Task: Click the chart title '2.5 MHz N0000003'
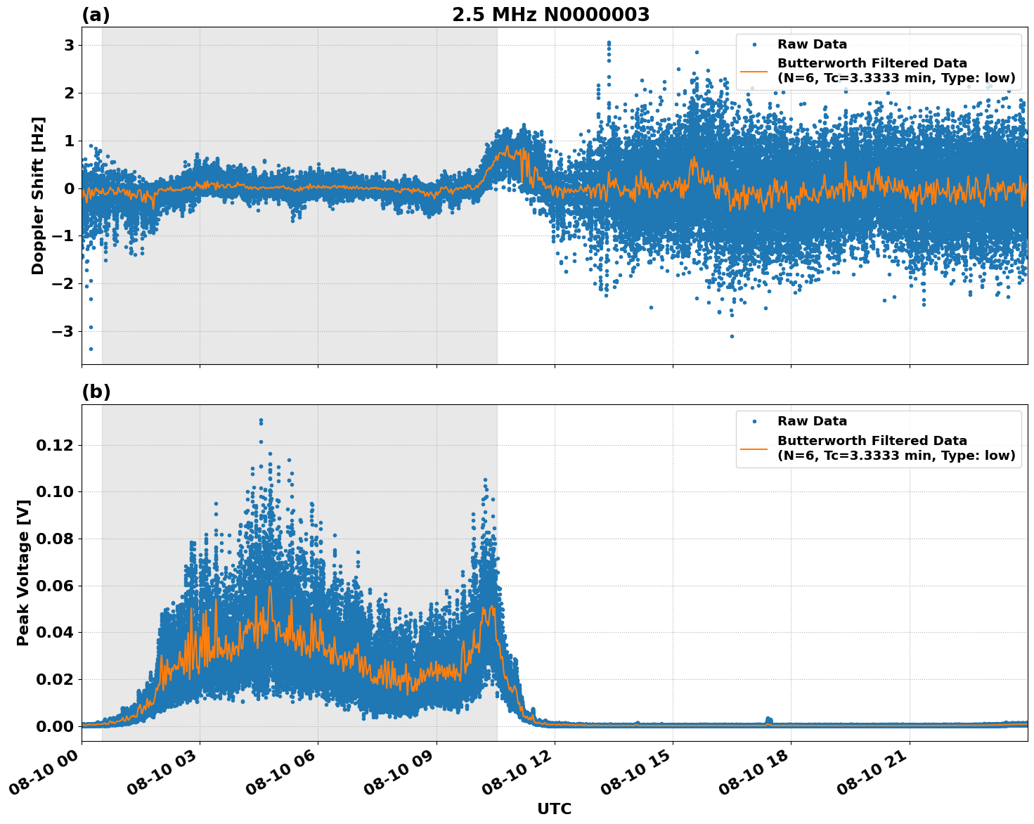(x=550, y=15)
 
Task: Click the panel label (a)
(x=96, y=15)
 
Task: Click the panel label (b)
(x=96, y=392)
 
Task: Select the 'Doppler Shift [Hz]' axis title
(x=38, y=195)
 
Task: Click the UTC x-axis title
(x=554, y=809)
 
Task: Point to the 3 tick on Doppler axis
(x=70, y=45)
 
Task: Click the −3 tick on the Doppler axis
(x=65, y=331)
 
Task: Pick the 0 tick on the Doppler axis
(x=70, y=188)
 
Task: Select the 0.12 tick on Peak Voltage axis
(x=55, y=445)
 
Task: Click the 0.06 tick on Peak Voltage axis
(x=55, y=586)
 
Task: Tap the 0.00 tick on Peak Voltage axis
(x=55, y=726)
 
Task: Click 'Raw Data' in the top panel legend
(x=812, y=44)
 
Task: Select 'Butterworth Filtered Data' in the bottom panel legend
(x=872, y=441)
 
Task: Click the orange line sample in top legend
(x=754, y=70)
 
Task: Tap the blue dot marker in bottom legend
(x=754, y=422)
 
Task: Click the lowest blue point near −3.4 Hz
(x=91, y=349)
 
